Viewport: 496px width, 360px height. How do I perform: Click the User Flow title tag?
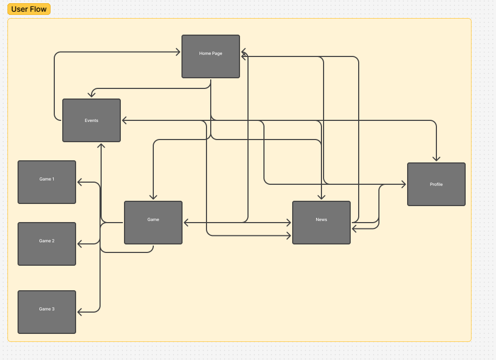(29, 9)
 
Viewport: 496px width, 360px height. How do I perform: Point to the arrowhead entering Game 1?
(80, 182)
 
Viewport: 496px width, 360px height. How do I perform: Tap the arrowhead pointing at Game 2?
(80, 244)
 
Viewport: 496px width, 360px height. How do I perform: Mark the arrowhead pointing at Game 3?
(80, 312)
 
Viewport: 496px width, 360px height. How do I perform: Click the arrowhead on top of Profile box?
(436, 159)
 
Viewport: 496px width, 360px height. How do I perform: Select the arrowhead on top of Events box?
(92, 95)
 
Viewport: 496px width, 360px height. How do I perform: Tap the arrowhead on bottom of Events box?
(101, 145)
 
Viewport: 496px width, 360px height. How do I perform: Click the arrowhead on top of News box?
(321, 197)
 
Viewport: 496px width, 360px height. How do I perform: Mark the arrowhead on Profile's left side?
(403, 184)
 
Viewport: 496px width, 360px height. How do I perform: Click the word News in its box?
(321, 219)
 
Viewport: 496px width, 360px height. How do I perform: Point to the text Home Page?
(211, 53)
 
